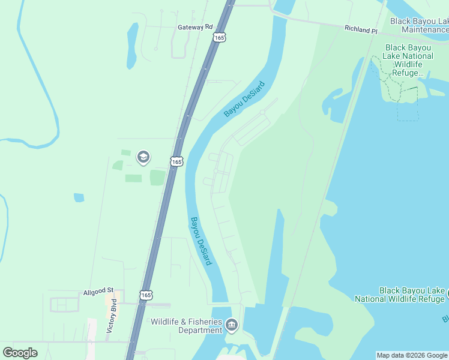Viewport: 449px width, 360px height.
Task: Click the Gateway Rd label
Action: (195, 27)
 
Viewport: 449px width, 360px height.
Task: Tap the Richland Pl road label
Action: (360, 29)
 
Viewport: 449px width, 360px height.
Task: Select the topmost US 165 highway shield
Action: (219, 37)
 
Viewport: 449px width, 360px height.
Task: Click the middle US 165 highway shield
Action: (176, 162)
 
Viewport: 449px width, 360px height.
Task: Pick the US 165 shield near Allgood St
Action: (146, 295)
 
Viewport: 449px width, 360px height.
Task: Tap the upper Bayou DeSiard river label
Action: (244, 98)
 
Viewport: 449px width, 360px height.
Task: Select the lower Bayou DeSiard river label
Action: (200, 241)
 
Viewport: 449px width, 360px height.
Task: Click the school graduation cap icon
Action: (143, 157)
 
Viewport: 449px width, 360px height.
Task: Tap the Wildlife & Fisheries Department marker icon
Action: (232, 326)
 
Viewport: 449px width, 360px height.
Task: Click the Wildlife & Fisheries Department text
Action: (186, 326)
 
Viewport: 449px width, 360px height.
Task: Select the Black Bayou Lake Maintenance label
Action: (418, 25)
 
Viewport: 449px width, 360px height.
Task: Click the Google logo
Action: (20, 353)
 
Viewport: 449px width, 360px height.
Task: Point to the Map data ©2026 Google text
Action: (412, 355)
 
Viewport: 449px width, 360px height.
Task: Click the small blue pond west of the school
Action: (79, 197)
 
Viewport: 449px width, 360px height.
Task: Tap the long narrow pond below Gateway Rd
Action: (132, 45)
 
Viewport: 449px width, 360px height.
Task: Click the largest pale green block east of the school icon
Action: (157, 178)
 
